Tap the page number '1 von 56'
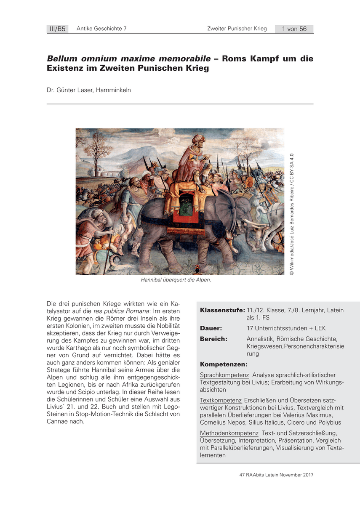294,29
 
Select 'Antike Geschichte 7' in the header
101,29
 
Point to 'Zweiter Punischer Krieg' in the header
237,29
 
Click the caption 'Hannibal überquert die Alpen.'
176,280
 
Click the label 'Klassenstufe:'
222,310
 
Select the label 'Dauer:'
211,328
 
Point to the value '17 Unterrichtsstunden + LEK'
286,328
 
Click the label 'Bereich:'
213,339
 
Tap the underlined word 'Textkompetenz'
221,400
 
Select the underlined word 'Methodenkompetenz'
229,433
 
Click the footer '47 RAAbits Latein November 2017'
277,475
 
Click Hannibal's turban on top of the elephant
197,139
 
